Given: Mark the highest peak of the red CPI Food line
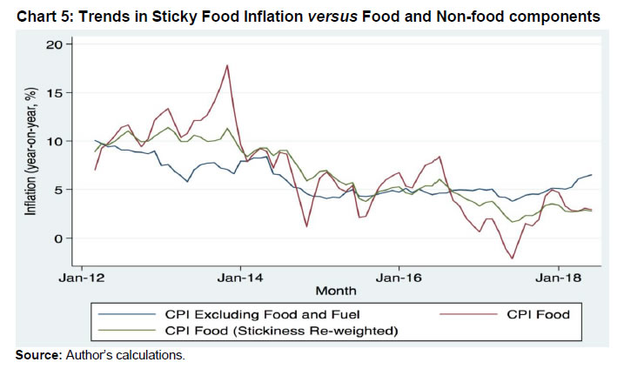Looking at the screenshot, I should (x=227, y=64).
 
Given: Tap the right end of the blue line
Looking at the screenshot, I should (x=592, y=175).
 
